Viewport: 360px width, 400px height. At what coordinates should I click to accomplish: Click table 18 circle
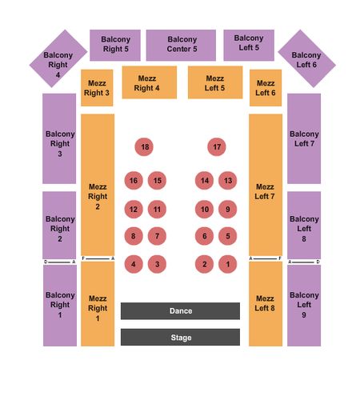[144, 147]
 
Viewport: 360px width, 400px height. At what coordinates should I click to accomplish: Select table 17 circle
[217, 147]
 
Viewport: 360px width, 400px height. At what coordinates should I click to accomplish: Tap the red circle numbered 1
[227, 264]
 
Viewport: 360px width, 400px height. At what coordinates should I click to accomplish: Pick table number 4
[134, 264]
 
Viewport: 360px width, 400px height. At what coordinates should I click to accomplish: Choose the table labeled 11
[157, 210]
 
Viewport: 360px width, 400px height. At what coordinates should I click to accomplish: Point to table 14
[204, 181]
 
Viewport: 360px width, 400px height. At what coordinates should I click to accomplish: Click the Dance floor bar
[180, 311]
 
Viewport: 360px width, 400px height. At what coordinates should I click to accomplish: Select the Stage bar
[180, 338]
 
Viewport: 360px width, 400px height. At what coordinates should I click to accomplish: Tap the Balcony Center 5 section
[181, 46]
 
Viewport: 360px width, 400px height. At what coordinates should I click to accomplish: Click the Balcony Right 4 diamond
[58, 58]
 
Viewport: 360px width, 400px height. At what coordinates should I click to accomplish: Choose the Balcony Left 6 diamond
[306, 58]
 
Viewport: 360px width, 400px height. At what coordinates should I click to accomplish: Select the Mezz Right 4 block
[150, 82]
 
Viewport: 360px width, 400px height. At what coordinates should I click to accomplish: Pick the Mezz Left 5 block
[215, 82]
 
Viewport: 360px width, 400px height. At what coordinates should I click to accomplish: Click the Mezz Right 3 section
[97, 88]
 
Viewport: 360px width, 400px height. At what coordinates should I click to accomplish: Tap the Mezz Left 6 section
[266, 88]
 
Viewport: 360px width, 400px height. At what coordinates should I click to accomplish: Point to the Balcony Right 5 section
[115, 46]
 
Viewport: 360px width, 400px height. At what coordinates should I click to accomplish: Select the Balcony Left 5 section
[249, 46]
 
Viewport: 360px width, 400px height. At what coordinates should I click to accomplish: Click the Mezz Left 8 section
[266, 304]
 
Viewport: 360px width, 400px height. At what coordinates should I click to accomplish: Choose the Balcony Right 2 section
[59, 225]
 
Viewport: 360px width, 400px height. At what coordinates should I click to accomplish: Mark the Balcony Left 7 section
[304, 138]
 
